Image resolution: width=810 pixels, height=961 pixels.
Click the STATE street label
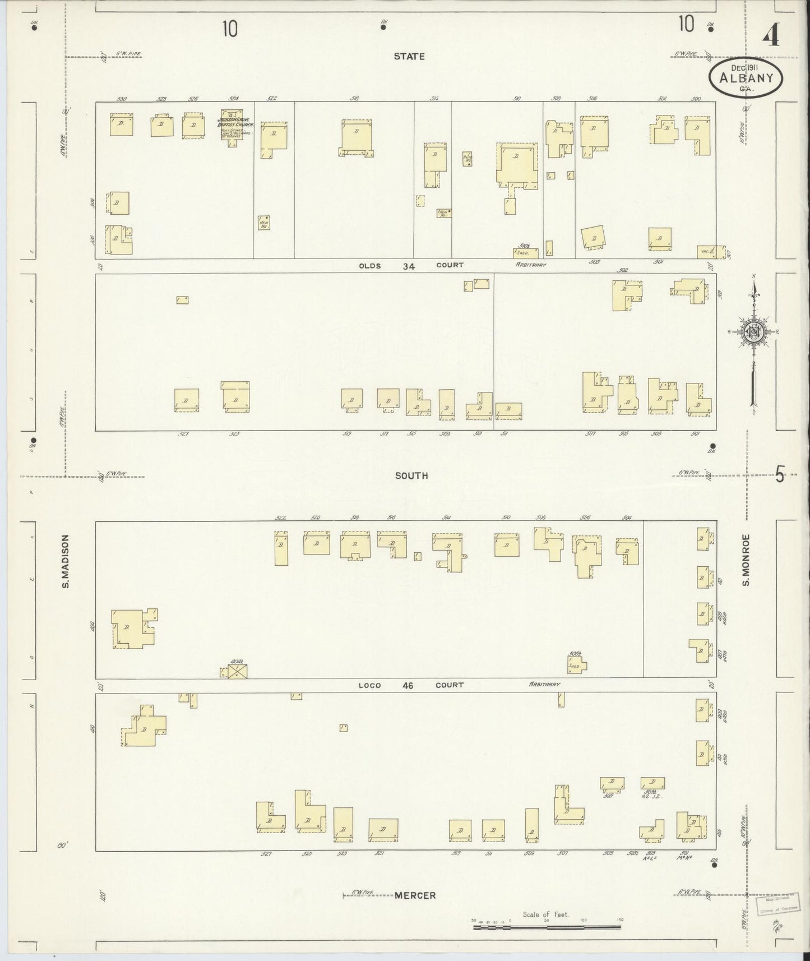point(409,57)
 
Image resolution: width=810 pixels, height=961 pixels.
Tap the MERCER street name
point(415,895)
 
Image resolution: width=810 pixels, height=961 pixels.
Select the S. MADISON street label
point(65,561)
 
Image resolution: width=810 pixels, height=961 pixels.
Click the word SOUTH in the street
point(411,475)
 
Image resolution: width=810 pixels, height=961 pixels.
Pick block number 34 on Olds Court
point(409,266)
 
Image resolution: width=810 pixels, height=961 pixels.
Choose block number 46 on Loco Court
point(408,685)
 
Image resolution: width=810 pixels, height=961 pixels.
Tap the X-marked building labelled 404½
point(237,671)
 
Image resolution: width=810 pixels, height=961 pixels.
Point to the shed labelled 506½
point(576,665)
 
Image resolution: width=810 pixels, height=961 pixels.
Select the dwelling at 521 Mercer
point(383,830)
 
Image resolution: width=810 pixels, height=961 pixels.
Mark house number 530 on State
point(122,99)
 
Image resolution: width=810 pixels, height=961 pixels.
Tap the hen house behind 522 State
point(264,223)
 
